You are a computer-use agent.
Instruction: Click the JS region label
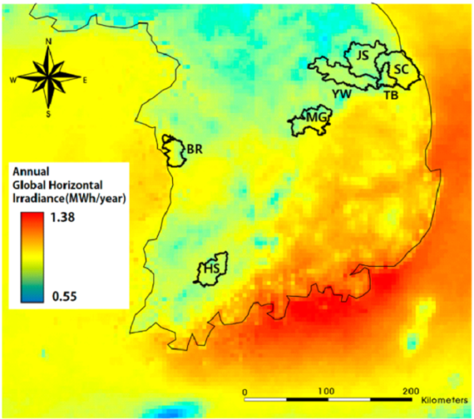363,55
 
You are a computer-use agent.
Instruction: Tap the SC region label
401,69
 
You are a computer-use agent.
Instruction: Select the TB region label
391,95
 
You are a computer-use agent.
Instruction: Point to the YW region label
341,94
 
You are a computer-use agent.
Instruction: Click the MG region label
316,118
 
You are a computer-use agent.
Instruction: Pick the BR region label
195,148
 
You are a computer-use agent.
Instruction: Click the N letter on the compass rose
49,41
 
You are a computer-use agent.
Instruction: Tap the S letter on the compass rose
49,113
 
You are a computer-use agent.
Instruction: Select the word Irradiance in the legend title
38,196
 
